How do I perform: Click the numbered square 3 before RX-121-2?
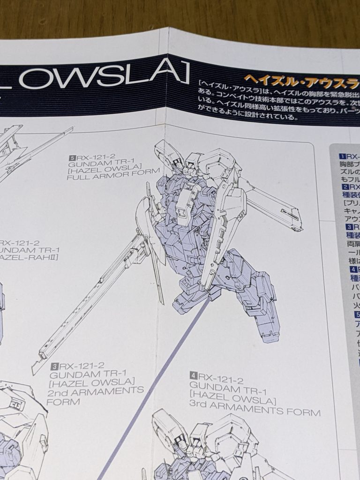[55, 365]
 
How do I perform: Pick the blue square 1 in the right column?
[342, 157]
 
